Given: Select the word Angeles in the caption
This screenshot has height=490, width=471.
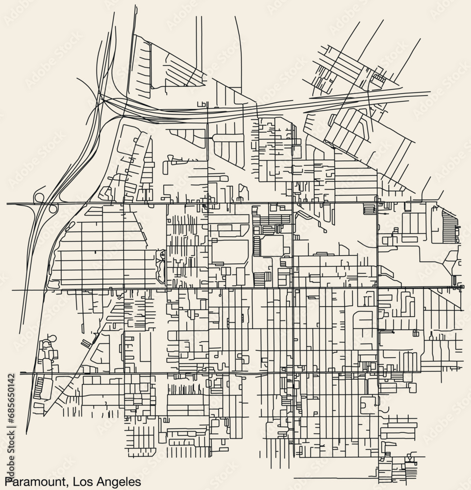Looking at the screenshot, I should point(117,481).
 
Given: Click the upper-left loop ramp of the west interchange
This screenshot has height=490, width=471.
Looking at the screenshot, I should point(38,197).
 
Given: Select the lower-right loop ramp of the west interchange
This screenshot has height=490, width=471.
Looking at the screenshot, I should point(53,209).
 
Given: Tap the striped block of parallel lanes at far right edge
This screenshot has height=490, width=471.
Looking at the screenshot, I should point(450,226).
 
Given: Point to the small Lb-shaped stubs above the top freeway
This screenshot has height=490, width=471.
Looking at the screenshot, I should point(201,104).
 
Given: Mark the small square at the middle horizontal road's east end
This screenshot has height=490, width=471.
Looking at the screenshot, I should point(461,286).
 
